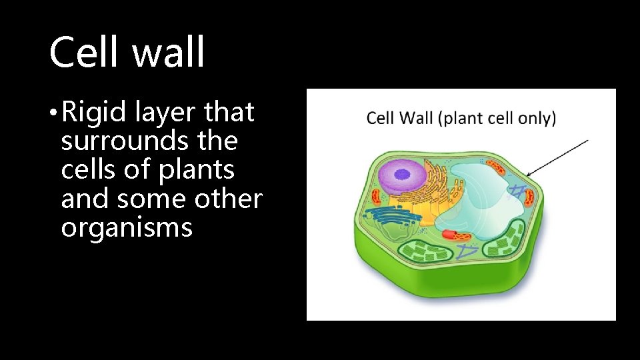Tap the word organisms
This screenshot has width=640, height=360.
tap(127, 228)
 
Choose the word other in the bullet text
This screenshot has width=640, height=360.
tap(231, 199)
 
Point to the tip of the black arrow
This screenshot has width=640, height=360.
tap(527, 175)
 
